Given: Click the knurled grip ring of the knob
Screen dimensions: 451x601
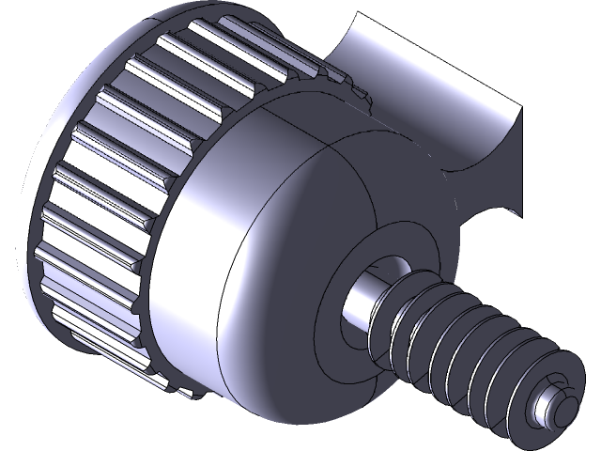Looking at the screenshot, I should tap(122, 188).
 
